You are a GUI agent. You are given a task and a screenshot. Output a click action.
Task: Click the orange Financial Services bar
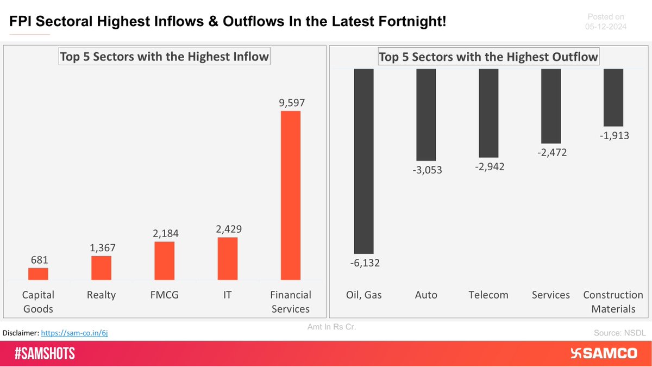pos(290,196)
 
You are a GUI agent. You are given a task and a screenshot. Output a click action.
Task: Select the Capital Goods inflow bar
pos(38,274)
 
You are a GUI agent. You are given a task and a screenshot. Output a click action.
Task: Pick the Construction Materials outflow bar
pos(613,98)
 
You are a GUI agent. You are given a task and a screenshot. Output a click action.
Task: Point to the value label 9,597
pos(290,102)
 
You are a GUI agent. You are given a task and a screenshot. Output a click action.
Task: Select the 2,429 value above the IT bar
pos(227,229)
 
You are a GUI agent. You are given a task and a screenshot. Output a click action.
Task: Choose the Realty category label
pos(101,295)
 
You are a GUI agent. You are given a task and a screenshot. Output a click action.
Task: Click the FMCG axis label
pos(164,295)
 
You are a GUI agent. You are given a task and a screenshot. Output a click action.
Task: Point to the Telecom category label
pos(488,295)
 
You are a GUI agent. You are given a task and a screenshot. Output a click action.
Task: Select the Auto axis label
pos(426,295)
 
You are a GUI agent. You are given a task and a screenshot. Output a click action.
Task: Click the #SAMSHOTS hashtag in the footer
pos(45,354)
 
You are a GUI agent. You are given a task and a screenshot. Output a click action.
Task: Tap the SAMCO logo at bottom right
pos(604,353)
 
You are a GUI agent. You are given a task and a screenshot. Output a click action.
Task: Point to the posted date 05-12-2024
pos(605,26)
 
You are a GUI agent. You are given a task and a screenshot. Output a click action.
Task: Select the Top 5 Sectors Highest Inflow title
pos(164,57)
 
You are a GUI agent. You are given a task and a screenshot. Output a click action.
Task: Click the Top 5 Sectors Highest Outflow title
pos(488,57)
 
